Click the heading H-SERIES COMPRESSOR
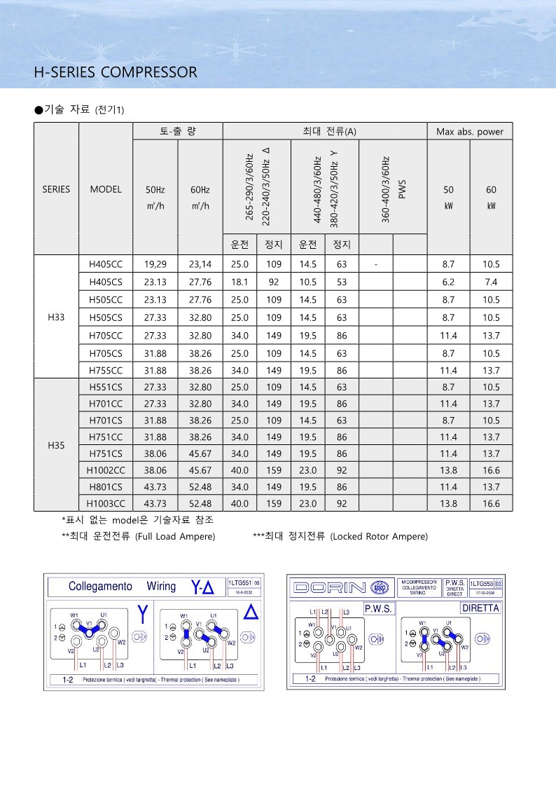[116, 72]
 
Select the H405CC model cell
[106, 265]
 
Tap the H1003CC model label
[106, 503]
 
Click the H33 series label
[56, 317]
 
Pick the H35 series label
[56, 445]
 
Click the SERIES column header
[56, 189]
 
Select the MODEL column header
[106, 189]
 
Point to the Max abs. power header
[470, 132]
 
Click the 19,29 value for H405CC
[155, 265]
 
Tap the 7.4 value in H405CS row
[490, 282]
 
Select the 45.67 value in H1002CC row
[200, 470]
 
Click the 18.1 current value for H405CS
[240, 282]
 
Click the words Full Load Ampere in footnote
[176, 537]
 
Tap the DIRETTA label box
[480, 608]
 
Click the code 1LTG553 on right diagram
[482, 582]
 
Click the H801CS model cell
[106, 487]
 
